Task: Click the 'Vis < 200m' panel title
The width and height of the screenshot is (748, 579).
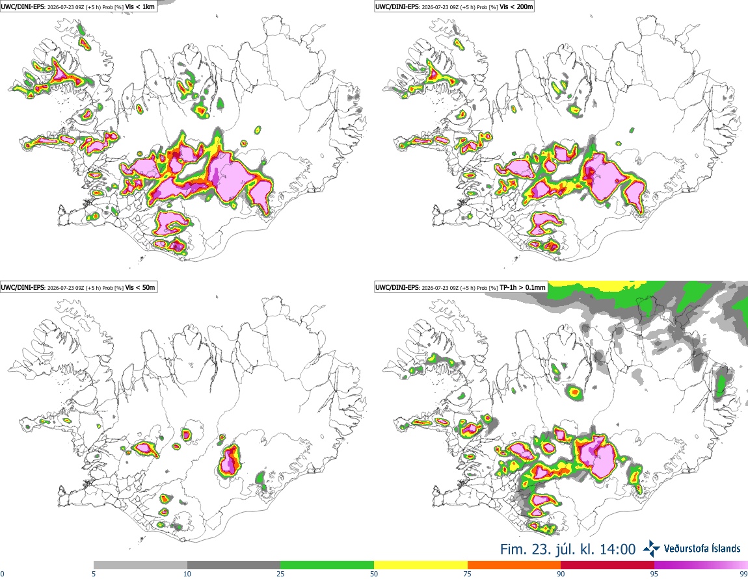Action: (x=516, y=6)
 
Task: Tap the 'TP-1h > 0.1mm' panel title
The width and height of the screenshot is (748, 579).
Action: (x=522, y=287)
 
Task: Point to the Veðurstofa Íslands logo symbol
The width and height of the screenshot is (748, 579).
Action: (x=651, y=549)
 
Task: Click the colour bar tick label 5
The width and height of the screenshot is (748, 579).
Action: (x=94, y=574)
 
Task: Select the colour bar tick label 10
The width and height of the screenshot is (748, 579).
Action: (x=187, y=574)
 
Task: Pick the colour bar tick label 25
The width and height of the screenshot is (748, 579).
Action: (x=280, y=574)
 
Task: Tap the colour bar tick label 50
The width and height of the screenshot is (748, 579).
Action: (x=374, y=574)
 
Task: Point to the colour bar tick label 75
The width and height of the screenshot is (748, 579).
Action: (x=468, y=574)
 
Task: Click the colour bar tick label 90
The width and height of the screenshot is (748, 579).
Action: (x=561, y=574)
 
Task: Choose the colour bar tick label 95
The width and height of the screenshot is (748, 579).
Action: (x=654, y=574)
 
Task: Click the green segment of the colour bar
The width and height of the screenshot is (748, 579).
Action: (x=327, y=565)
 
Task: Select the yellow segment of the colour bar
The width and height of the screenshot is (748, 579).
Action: (x=421, y=565)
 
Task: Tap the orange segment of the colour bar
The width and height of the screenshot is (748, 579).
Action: (x=514, y=565)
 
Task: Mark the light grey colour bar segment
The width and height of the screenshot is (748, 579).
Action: (x=140, y=565)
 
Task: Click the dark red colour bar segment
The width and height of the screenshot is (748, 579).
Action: (x=608, y=565)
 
